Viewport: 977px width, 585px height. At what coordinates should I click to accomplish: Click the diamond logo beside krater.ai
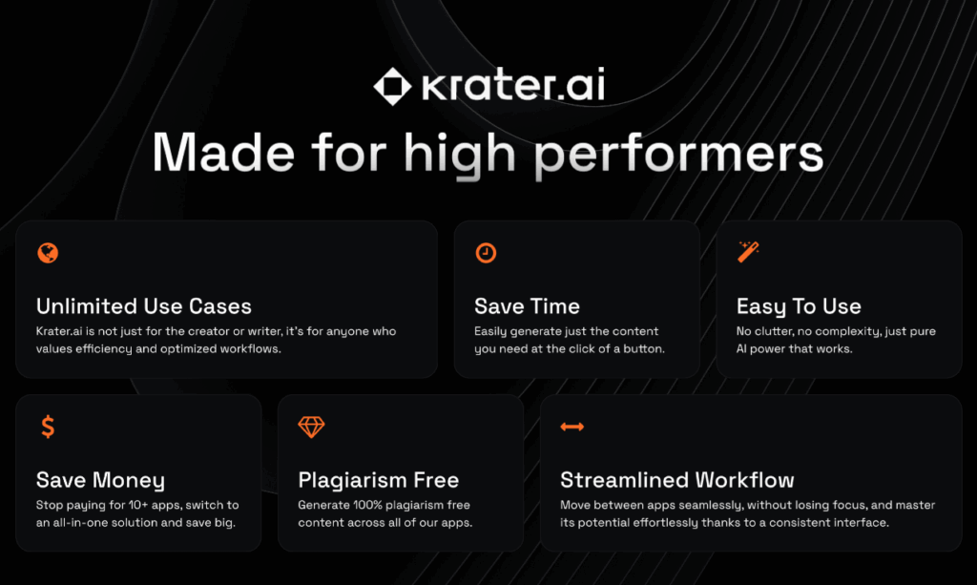click(392, 86)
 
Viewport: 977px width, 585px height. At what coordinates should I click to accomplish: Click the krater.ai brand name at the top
click(513, 84)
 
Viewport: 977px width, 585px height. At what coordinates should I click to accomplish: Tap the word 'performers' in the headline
click(679, 155)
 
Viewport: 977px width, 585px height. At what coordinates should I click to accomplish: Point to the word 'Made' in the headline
click(223, 152)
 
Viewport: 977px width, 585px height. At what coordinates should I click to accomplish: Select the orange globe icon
click(48, 253)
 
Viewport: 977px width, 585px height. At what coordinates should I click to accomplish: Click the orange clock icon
click(486, 253)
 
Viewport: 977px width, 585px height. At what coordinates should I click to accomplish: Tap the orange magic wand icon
click(748, 252)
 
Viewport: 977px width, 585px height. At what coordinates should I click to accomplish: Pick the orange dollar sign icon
click(48, 427)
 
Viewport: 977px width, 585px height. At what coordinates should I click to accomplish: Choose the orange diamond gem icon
click(311, 427)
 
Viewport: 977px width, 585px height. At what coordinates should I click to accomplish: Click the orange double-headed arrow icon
click(572, 427)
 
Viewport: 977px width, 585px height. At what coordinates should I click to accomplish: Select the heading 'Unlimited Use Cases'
click(144, 306)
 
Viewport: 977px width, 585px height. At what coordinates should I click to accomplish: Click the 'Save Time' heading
click(527, 306)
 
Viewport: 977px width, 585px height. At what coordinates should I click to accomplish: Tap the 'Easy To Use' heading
click(799, 306)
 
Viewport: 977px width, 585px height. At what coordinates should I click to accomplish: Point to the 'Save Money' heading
click(100, 480)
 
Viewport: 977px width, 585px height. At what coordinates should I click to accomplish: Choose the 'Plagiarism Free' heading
click(378, 480)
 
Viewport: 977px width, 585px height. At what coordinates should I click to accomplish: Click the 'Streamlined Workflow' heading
click(677, 480)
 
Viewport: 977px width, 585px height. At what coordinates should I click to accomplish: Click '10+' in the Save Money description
click(137, 505)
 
